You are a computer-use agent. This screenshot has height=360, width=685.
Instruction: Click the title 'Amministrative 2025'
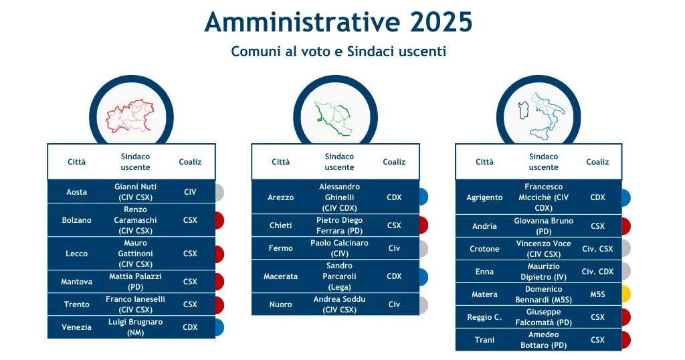pos(338,22)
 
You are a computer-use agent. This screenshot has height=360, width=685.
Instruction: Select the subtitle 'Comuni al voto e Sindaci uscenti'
pos(338,52)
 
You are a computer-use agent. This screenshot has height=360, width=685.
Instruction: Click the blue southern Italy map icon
pos(541,116)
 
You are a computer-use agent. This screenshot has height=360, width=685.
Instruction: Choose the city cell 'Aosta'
pos(76,192)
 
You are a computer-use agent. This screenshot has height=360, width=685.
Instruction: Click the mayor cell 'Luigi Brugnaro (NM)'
pos(135,327)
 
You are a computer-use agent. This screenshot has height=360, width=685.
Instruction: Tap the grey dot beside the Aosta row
pos(219,193)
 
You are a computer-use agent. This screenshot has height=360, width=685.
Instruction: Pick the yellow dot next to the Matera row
pos(626,294)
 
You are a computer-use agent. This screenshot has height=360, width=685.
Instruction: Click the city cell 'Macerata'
pos(280,276)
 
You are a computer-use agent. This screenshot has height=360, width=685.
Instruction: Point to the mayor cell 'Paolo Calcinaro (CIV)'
pos(339,248)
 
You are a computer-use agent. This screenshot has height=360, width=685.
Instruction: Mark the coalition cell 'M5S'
pos(597,294)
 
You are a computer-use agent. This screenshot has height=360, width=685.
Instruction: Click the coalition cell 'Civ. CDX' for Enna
pos(597,272)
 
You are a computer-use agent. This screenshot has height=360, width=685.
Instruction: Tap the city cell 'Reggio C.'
pos(484,317)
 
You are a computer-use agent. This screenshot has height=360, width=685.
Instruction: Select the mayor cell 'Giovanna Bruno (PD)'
pos(543,226)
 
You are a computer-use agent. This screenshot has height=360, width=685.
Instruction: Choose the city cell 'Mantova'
pos(76,282)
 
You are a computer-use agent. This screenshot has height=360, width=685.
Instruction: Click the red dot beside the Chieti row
pos(423,226)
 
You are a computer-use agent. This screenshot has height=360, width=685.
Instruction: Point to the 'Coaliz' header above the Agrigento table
pos(597,162)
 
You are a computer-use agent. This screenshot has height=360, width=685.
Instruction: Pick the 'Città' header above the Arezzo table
pos(280,162)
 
